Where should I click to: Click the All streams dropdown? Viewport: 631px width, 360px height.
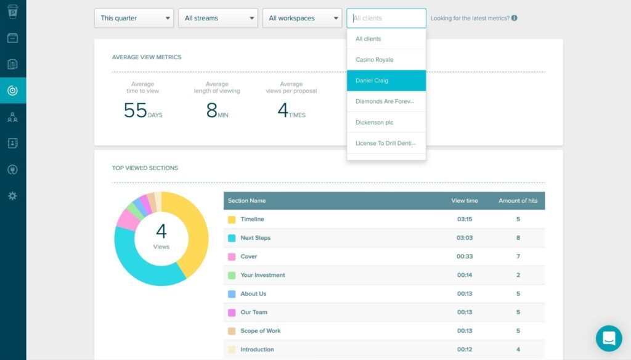tap(218, 18)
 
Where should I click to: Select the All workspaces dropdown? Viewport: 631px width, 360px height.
tap(302, 18)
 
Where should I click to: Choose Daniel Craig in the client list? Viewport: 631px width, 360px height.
tap(386, 81)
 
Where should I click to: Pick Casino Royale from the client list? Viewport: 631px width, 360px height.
tap(386, 60)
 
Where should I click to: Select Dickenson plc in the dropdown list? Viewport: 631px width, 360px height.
tap(386, 122)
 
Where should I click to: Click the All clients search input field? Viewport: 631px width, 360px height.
tap(386, 18)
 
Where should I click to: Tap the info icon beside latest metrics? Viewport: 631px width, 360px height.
tap(515, 18)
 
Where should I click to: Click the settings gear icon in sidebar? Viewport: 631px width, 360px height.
tap(12, 196)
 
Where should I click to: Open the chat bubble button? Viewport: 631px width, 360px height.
tap(609, 338)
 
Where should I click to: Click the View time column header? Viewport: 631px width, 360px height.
tap(464, 200)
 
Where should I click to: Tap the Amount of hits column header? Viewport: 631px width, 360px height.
tap(518, 200)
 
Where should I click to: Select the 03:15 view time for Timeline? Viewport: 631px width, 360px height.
tap(464, 219)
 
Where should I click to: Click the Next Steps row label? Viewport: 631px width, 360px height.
tap(255, 238)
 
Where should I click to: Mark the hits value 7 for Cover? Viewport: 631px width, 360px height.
tap(518, 256)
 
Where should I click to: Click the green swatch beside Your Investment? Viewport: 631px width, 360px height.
tap(232, 276)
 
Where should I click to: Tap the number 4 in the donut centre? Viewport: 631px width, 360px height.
tap(161, 232)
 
